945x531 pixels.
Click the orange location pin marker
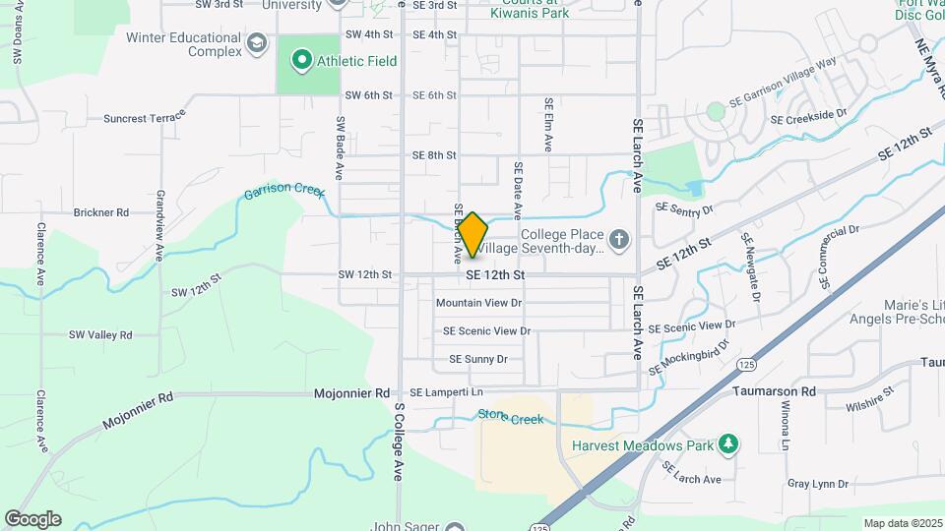(472, 234)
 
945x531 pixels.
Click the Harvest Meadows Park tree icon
(728, 445)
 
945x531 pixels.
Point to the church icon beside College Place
(618, 238)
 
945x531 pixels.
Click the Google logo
(32, 518)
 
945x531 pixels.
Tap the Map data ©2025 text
(902, 523)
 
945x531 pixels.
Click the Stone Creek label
(510, 418)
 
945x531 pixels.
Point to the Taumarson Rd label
(775, 390)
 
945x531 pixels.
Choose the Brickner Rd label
(101, 212)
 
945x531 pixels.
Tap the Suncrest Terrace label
(145, 118)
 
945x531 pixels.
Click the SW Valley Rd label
(100, 335)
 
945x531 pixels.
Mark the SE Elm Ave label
(548, 124)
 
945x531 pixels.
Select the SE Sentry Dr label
(683, 208)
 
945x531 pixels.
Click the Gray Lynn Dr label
(817, 484)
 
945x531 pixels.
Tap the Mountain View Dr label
(478, 303)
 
